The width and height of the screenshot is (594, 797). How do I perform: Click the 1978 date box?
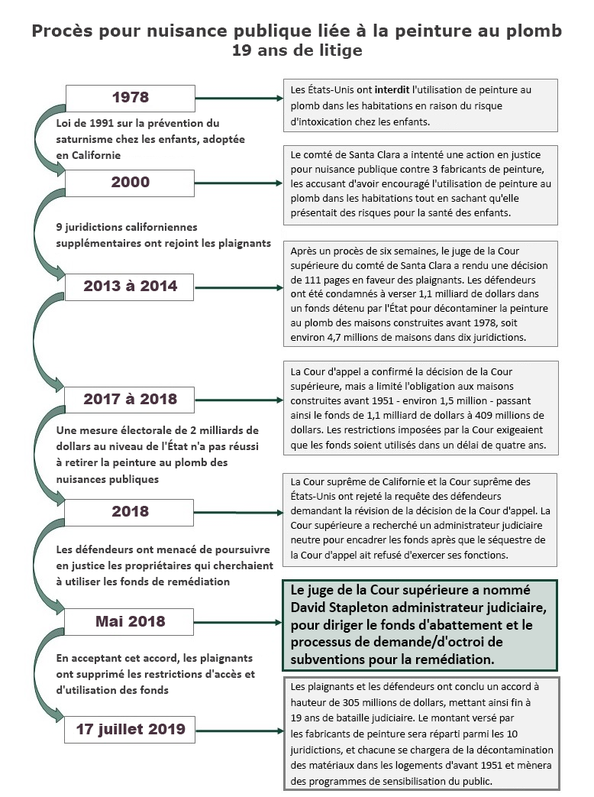coord(130,98)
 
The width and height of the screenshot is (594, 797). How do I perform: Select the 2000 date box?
coord(130,183)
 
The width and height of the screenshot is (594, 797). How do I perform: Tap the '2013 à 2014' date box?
coord(130,287)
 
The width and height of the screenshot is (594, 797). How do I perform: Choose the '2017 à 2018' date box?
coord(130,399)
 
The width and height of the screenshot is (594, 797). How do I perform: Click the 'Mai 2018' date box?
coord(130,621)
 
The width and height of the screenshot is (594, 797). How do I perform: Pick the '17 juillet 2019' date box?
coord(130,729)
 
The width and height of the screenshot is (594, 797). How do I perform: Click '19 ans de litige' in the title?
coord(297,50)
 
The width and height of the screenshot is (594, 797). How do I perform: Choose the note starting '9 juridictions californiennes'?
coord(163,235)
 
